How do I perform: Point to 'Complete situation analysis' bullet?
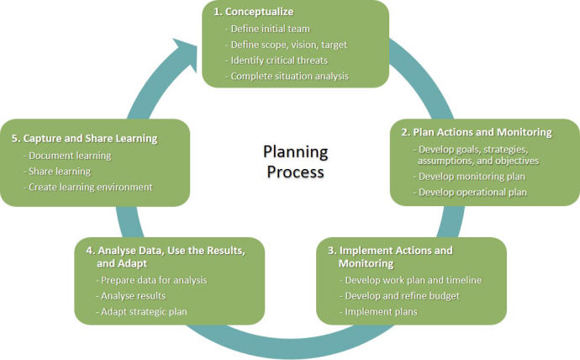point(290,77)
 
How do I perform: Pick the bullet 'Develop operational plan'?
point(472,192)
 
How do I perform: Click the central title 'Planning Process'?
point(293,161)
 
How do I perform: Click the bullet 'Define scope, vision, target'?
point(287,45)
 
